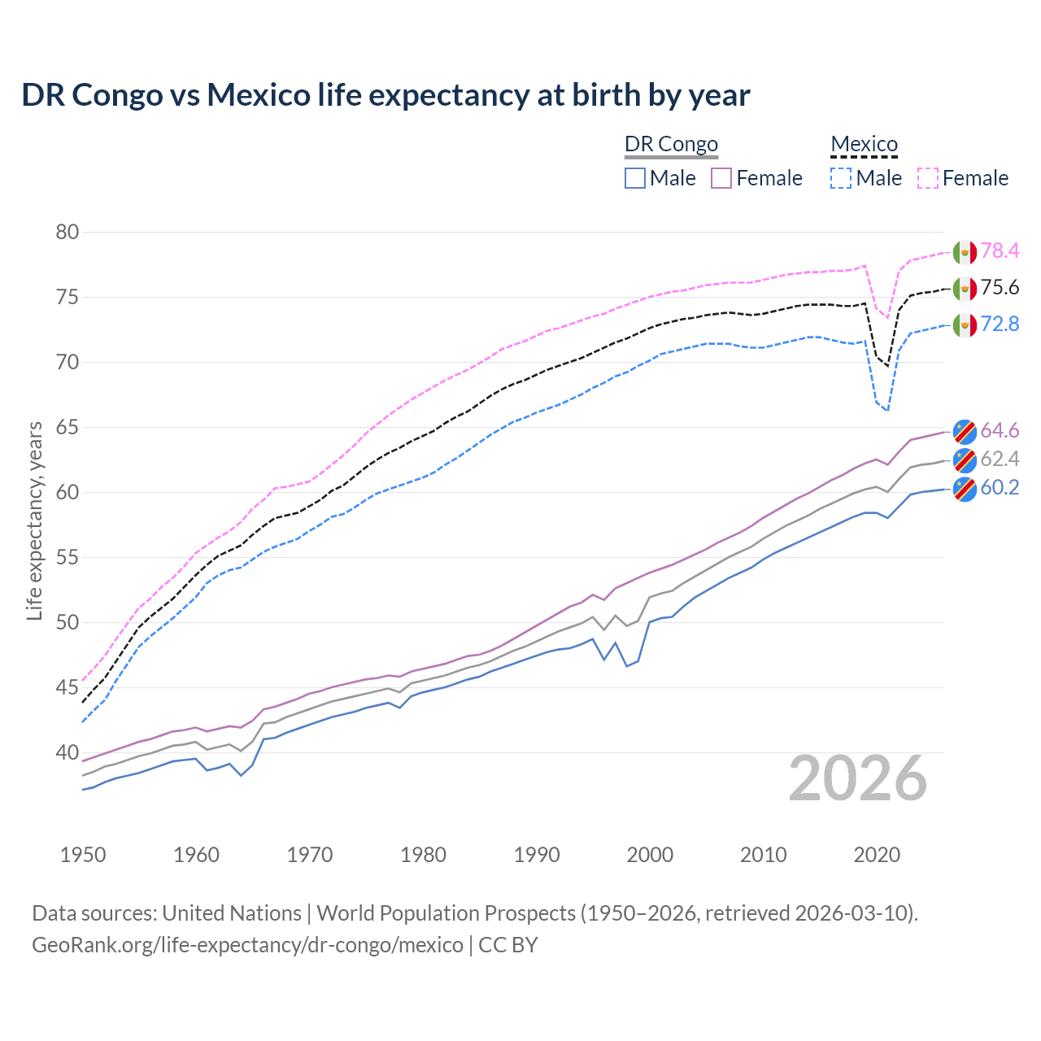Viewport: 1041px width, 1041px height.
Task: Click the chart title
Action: pyautogui.click(x=385, y=95)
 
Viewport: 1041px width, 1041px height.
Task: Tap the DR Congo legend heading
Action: pyautogui.click(x=671, y=144)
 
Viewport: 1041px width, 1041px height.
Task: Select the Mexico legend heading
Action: pyautogui.click(x=864, y=144)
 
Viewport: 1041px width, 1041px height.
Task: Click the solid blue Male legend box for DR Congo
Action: pyautogui.click(x=635, y=178)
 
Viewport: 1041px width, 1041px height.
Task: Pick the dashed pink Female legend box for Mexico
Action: pyautogui.click(x=928, y=178)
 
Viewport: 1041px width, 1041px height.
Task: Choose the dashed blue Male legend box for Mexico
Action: pyautogui.click(x=841, y=178)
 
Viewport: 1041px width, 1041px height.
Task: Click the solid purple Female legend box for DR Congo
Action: pyautogui.click(x=722, y=178)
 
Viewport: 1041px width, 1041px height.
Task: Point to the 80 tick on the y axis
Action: pyautogui.click(x=68, y=233)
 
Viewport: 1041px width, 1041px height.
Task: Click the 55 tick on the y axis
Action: pyautogui.click(x=68, y=558)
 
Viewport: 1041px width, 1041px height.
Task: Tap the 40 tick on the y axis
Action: pyautogui.click(x=68, y=753)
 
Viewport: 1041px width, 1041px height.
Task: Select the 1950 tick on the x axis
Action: pyautogui.click(x=83, y=855)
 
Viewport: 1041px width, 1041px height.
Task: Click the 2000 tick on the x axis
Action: pyautogui.click(x=650, y=855)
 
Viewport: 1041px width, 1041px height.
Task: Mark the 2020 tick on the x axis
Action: pyautogui.click(x=877, y=855)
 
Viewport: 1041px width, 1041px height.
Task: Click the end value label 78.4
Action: pyautogui.click(x=1000, y=251)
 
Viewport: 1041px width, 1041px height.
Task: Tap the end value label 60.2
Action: pyautogui.click(x=1000, y=488)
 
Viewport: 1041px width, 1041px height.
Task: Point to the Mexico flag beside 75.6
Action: pyautogui.click(x=965, y=288)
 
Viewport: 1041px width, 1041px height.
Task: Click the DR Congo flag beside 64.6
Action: pyautogui.click(x=965, y=430)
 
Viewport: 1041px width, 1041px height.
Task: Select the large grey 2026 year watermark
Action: pyautogui.click(x=858, y=778)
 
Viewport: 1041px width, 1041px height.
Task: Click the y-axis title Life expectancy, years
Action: pyautogui.click(x=35, y=520)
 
